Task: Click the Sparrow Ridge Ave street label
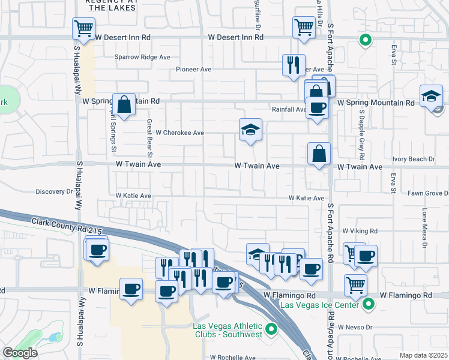pyautogui.click(x=143, y=58)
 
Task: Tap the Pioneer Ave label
pyautogui.click(x=194, y=70)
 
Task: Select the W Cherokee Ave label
pyautogui.click(x=180, y=133)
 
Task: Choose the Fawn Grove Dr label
pyautogui.click(x=428, y=193)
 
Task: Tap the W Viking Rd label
pyautogui.click(x=360, y=230)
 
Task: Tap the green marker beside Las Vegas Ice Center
pyautogui.click(x=369, y=305)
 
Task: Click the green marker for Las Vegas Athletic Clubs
pyautogui.click(x=271, y=328)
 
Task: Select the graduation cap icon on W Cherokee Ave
pyautogui.click(x=250, y=130)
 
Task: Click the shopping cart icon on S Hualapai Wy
pyautogui.click(x=83, y=28)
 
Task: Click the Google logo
pyautogui.click(x=20, y=353)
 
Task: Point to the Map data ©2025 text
pyautogui.click(x=423, y=355)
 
